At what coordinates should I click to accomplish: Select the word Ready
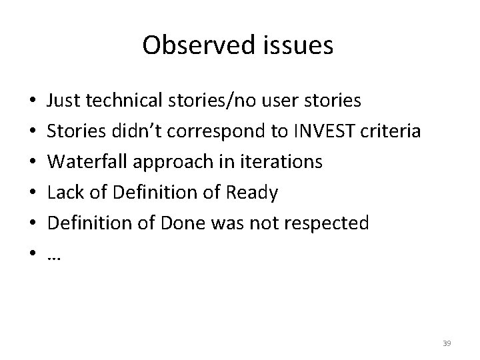(x=253, y=193)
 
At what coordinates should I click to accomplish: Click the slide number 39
(x=447, y=343)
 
